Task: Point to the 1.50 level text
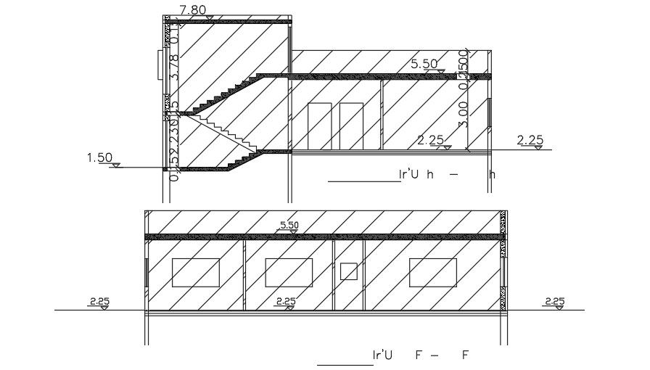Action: tap(99, 157)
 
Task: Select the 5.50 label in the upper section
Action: tap(424, 64)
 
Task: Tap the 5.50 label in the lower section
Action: tap(289, 225)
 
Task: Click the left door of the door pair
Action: tap(320, 126)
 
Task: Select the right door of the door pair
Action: tap(351, 126)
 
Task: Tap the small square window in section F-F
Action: tap(349, 271)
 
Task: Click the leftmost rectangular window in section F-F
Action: tap(195, 272)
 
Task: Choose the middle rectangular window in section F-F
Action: tap(289, 272)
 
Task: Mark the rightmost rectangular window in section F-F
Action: tap(432, 272)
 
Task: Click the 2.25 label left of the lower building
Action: tap(99, 300)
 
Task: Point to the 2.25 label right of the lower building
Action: tap(554, 300)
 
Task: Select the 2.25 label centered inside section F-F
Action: tap(286, 300)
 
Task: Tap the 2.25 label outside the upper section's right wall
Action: tap(530, 139)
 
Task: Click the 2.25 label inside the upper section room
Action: tap(432, 139)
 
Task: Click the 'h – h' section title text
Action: tap(447, 174)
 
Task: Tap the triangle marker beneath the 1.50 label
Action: tap(116, 166)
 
